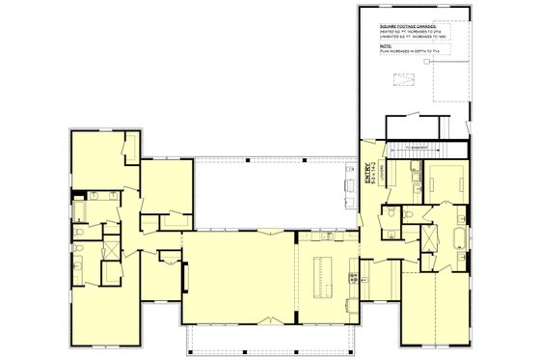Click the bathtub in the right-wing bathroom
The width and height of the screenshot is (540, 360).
click(x=456, y=239)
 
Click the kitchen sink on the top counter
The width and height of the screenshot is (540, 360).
click(x=329, y=235)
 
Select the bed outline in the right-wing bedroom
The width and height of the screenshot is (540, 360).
click(x=446, y=180)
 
